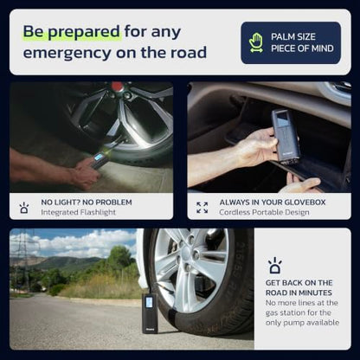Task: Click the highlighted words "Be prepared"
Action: coord(71,31)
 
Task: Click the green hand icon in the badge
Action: coord(256,42)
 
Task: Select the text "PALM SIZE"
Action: coord(293,36)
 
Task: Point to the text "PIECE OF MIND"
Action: coord(302,48)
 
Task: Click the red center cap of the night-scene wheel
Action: coord(117,86)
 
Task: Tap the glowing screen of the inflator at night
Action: coord(99,157)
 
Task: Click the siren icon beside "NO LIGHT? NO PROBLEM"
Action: coord(24,208)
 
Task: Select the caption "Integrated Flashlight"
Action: coord(78,212)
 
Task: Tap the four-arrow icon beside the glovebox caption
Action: coord(202,208)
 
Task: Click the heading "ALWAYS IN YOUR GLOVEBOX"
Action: coord(273,202)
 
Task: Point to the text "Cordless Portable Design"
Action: coord(264,212)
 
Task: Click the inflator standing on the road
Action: coord(150,312)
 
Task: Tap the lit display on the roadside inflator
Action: coord(149,302)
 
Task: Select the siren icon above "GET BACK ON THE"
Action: coord(275,266)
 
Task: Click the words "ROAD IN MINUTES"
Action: coord(299,292)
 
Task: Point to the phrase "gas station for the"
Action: coord(298,312)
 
